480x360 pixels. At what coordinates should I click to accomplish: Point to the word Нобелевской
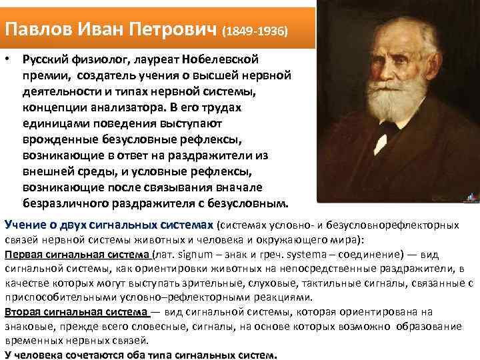pos(253,60)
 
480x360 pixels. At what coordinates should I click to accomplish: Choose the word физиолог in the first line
pos(97,60)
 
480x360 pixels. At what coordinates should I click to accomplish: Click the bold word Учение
pos(26,225)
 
